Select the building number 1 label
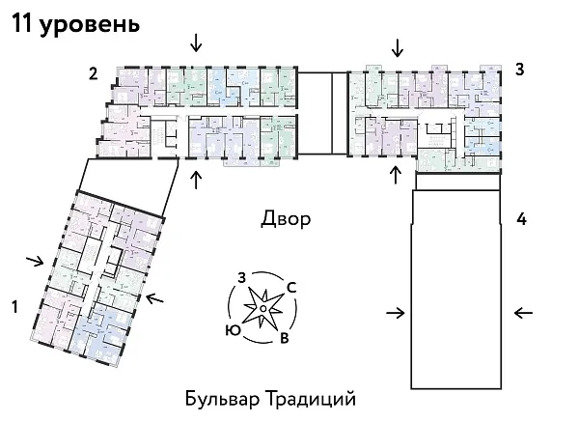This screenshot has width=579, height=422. point(14,307)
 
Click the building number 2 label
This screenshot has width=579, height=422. point(93,72)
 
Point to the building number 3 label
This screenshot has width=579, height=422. point(519,70)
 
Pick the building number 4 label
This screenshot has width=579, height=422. point(521,219)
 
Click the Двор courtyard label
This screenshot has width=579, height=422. point(286,219)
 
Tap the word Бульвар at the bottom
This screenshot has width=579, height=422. point(221,398)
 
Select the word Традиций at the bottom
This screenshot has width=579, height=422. point(310,398)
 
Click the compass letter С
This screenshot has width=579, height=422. point(290,287)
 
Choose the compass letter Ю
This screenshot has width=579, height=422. point(232,329)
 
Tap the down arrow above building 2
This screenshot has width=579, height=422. point(196,42)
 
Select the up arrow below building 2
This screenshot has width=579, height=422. point(196,180)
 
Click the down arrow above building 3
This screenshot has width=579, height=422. point(396,46)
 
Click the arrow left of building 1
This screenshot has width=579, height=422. point(35,260)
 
